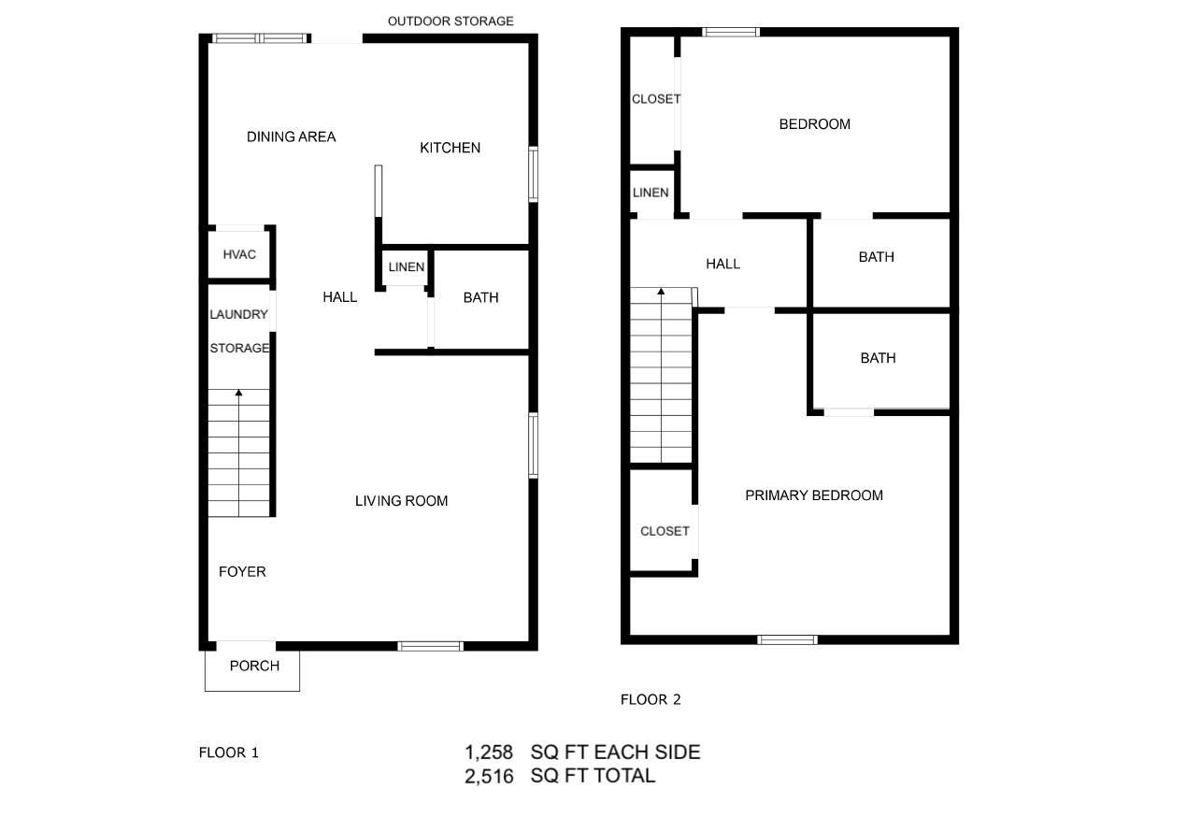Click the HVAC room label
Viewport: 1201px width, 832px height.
click(239, 254)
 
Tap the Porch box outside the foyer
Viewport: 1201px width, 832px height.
click(253, 667)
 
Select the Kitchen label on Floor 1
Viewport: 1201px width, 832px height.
click(450, 148)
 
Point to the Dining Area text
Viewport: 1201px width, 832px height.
click(291, 136)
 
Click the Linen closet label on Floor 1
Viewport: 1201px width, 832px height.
click(406, 267)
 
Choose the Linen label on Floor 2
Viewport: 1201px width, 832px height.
click(651, 193)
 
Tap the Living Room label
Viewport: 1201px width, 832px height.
click(401, 501)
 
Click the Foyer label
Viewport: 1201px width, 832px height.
click(242, 572)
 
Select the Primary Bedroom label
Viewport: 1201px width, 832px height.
click(813, 495)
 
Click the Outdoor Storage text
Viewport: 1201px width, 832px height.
click(450, 21)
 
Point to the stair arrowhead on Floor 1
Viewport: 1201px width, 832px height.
click(238, 394)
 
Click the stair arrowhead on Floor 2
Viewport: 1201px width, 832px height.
click(661, 292)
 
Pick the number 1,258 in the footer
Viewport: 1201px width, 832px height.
click(489, 753)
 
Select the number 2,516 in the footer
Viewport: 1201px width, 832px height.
click(489, 776)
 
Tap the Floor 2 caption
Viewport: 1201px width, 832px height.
click(651, 699)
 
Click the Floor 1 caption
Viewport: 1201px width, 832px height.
click(228, 753)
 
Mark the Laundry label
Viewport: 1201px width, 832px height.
click(238, 315)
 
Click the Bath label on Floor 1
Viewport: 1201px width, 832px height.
click(480, 297)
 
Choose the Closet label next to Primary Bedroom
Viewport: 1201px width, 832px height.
click(665, 531)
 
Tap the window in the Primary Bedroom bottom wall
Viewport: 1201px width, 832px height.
click(787, 640)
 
